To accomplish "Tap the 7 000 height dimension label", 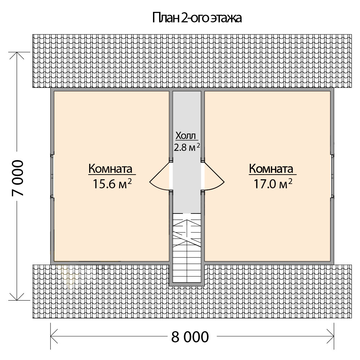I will [18, 178].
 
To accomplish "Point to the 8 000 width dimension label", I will [189, 337].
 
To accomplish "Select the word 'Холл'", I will [186, 136].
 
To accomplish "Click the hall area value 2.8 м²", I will [187, 147].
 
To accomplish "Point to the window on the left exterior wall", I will [52, 176].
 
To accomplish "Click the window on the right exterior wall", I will [333, 176].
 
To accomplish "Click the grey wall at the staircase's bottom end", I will [186, 285].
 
